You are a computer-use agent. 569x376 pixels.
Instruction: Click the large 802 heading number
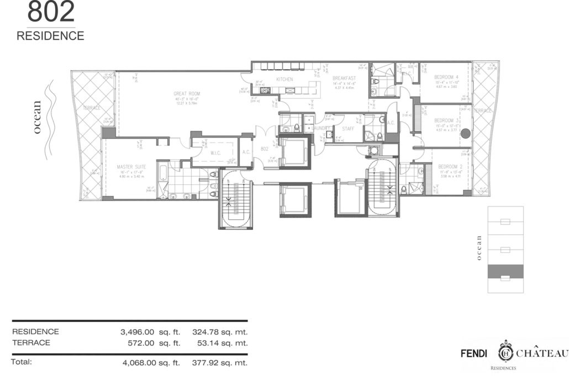50,12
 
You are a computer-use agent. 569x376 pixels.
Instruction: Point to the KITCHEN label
284,80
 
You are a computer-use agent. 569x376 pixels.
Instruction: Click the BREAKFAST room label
343,79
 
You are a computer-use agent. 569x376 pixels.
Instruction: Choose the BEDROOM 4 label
446,77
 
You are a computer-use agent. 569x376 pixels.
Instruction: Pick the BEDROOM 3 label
446,120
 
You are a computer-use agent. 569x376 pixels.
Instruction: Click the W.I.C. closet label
216,153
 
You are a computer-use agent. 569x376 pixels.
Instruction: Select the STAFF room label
348,128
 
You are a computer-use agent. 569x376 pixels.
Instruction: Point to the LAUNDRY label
320,128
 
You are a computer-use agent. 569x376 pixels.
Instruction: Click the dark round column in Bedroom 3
466,133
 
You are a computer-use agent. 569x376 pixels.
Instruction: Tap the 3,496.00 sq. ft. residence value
150,332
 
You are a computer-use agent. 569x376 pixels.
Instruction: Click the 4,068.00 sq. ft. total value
150,363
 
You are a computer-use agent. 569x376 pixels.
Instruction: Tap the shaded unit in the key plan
505,271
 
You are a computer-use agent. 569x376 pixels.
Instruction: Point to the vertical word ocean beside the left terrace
37,118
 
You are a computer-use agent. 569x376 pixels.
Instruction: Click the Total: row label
22,363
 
